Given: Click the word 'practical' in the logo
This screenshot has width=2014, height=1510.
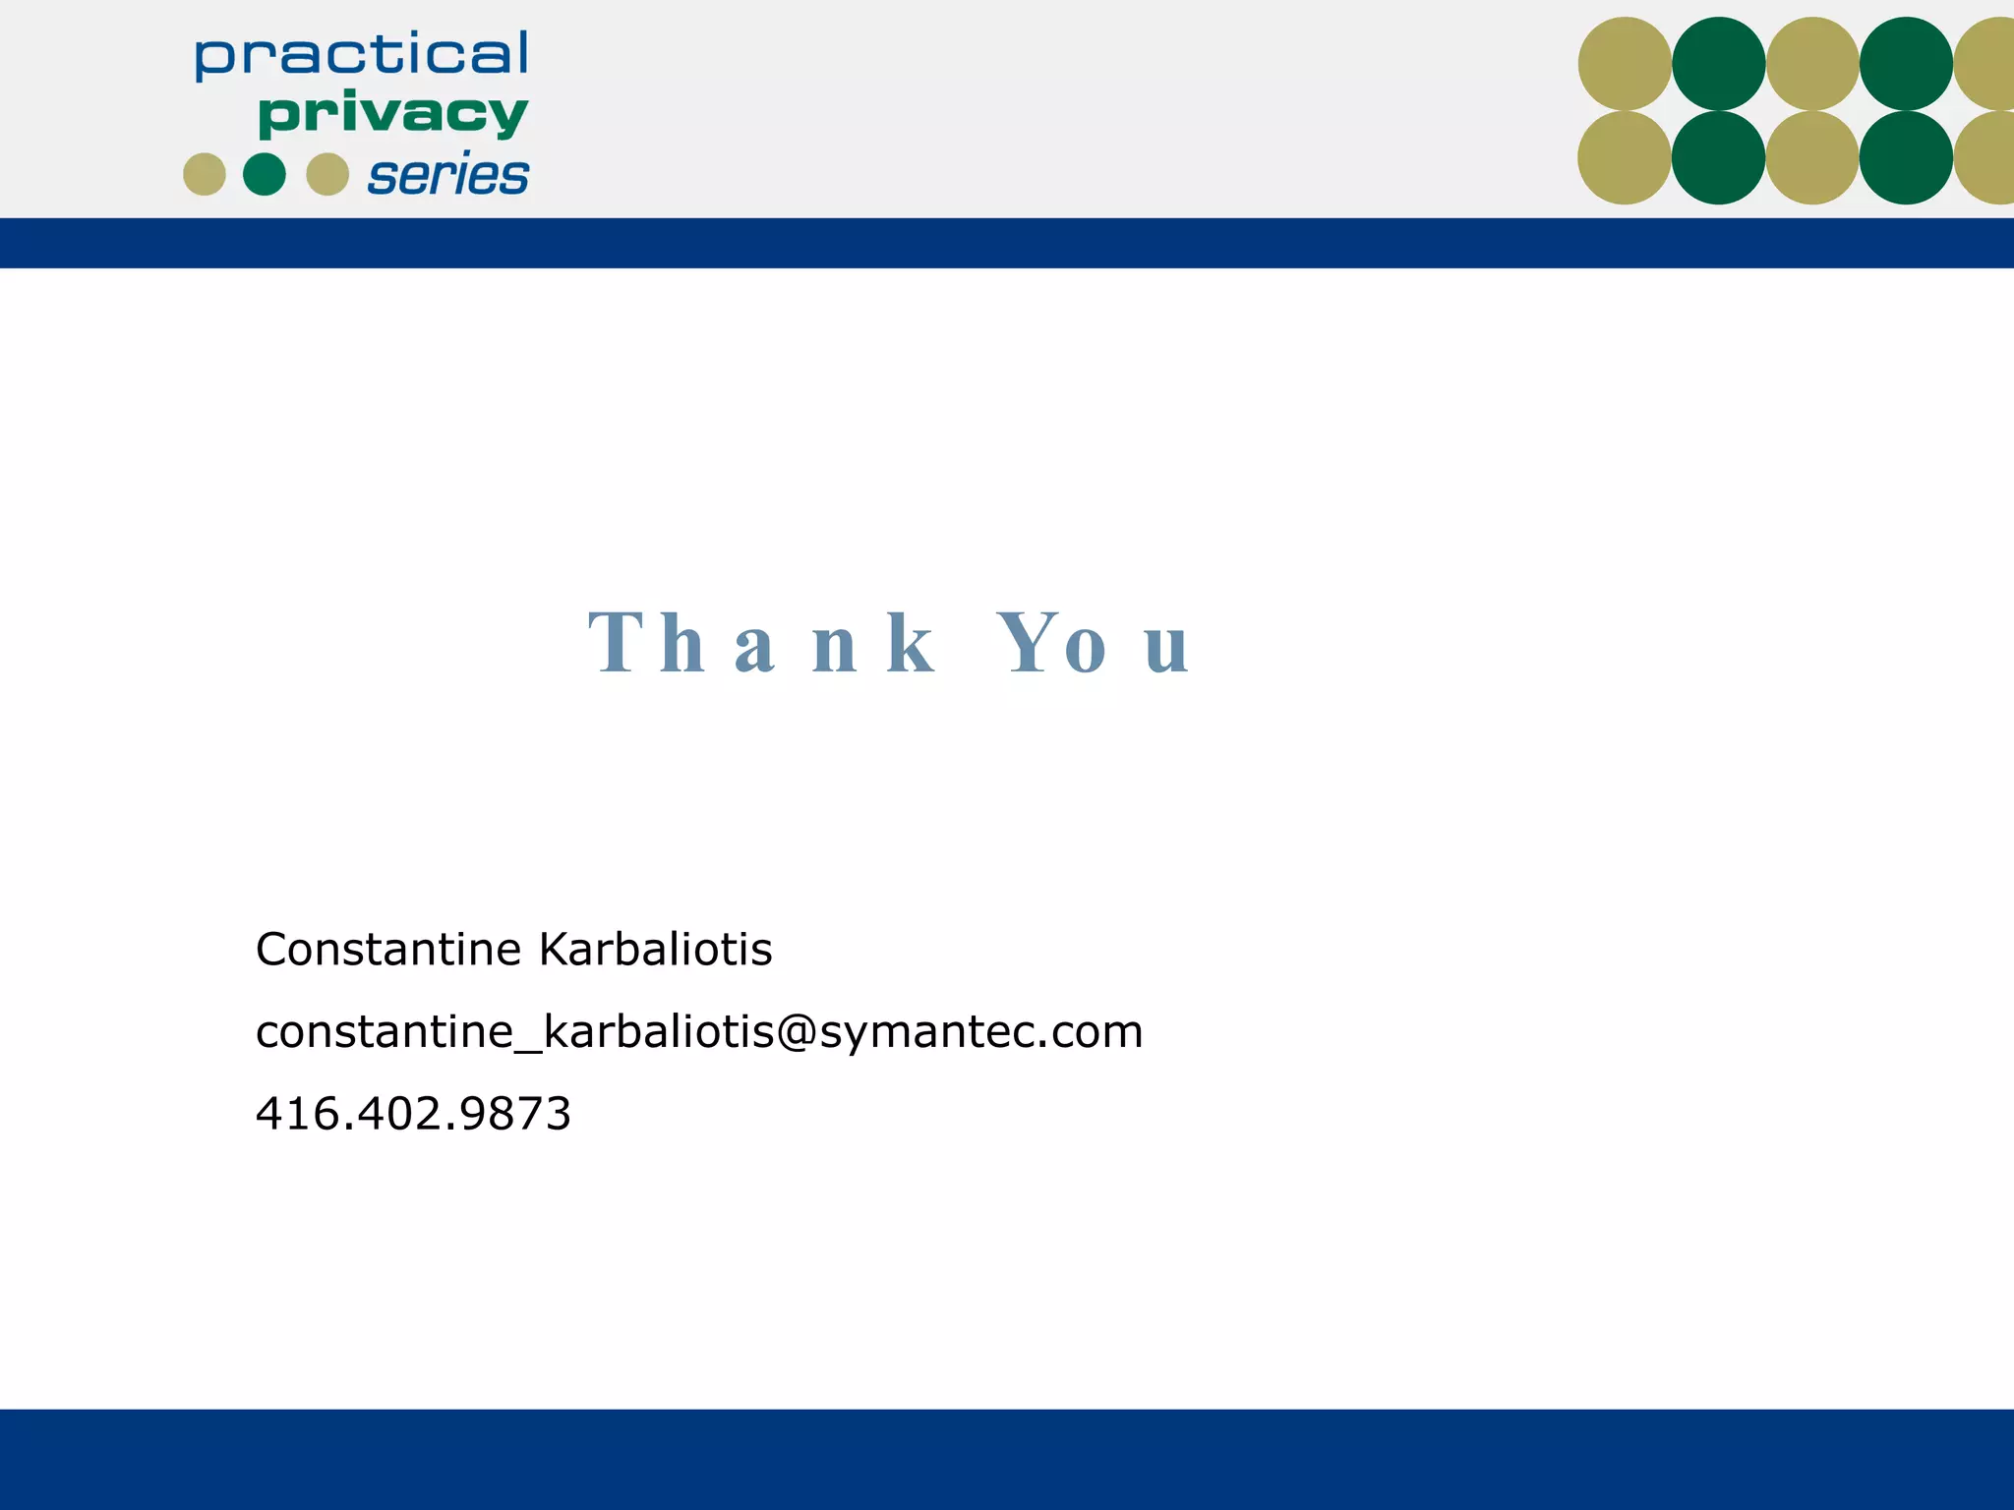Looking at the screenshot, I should point(361,55).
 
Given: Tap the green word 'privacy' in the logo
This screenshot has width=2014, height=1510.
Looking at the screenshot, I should point(392,115).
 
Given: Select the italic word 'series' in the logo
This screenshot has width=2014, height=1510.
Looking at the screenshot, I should point(448,176).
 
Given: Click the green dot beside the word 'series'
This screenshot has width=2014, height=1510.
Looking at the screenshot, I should point(265,175).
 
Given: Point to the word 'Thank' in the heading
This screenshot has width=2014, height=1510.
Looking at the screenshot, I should point(762,644).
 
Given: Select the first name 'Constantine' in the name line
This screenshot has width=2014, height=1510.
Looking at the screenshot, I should point(388,950).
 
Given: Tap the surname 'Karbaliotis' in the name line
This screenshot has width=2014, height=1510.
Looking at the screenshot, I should point(656,950).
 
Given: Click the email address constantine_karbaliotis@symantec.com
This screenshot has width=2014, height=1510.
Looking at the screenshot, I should point(699,1032).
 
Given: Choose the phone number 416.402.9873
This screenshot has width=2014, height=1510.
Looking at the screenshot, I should point(413,1114).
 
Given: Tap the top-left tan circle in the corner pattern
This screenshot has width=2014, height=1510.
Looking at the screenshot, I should point(1625,64).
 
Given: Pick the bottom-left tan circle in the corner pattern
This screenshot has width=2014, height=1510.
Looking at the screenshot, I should point(1625,157).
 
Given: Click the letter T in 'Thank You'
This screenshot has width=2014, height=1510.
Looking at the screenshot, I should point(617,644).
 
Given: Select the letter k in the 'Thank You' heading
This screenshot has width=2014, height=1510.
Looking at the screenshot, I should point(910,644).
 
